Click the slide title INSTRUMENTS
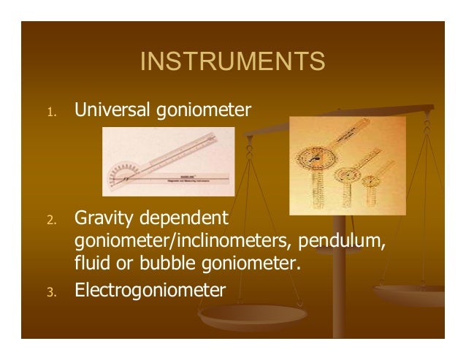pos(232,63)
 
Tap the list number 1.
pos(49,112)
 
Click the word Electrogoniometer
pos(150,291)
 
